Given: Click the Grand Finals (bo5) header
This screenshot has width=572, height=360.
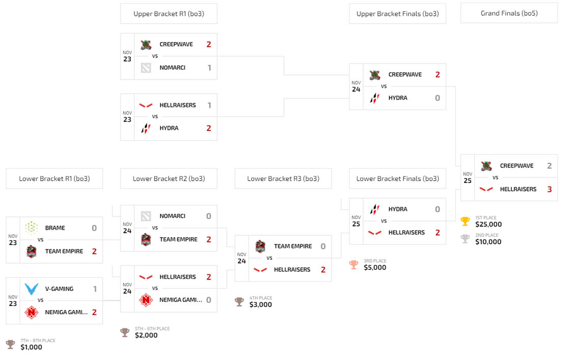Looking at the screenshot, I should pyautogui.click(x=509, y=13).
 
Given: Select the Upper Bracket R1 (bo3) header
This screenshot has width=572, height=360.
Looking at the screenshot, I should pyautogui.click(x=168, y=14).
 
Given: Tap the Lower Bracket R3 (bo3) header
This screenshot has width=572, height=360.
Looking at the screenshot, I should pyautogui.click(x=283, y=179).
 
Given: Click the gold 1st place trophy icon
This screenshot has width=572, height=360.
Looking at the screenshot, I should pyautogui.click(x=465, y=221).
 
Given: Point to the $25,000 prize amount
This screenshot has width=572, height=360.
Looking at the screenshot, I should pyautogui.click(x=489, y=224).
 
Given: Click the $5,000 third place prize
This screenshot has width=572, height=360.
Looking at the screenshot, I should pyautogui.click(x=375, y=267).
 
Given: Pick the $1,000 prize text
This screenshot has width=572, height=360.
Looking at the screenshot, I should pyautogui.click(x=32, y=347).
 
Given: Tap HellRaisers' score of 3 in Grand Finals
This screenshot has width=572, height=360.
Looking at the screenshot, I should pyautogui.click(x=550, y=189).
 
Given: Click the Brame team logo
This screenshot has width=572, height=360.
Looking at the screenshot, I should pyautogui.click(x=32, y=228).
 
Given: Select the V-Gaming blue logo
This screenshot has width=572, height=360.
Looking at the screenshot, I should pyautogui.click(x=32, y=289).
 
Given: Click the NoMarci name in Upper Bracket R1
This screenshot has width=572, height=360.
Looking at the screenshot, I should pyautogui.click(x=173, y=68).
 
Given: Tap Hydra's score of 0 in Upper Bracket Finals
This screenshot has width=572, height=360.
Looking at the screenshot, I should pyautogui.click(x=437, y=98).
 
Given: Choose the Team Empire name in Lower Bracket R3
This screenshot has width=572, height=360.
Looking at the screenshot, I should pyautogui.click(x=293, y=246).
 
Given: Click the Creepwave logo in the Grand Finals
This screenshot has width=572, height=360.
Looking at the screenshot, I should pyautogui.click(x=487, y=166).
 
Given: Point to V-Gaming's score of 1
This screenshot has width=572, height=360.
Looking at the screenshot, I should pyautogui.click(x=94, y=289).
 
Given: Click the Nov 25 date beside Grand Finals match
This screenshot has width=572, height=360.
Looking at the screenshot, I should pyautogui.click(x=467, y=178).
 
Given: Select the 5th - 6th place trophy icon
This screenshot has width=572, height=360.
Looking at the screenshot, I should pyautogui.click(x=125, y=333).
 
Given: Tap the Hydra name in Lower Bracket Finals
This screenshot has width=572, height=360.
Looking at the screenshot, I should pyautogui.click(x=398, y=209).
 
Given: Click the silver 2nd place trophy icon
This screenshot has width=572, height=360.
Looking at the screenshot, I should pyautogui.click(x=465, y=239).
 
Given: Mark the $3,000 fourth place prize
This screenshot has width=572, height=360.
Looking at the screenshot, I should pyautogui.click(x=261, y=304).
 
